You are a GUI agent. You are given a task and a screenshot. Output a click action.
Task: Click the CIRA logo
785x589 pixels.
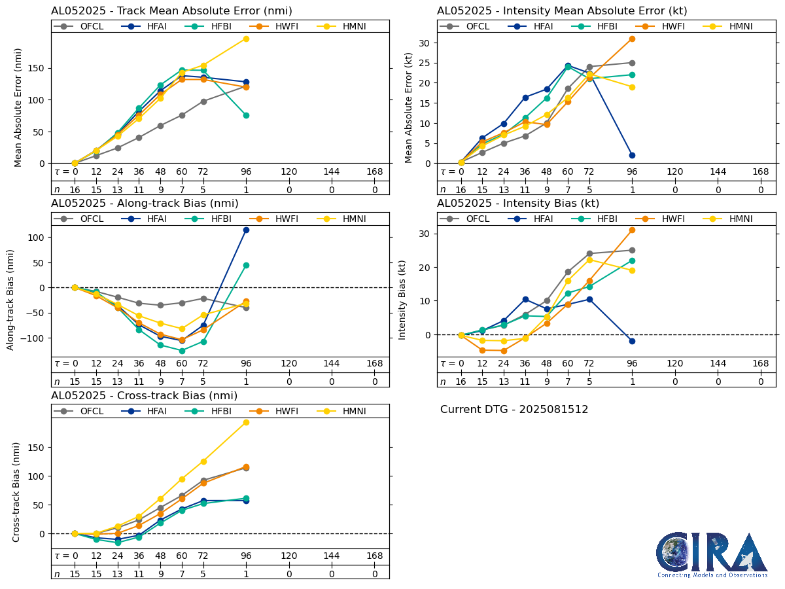coord(712,555)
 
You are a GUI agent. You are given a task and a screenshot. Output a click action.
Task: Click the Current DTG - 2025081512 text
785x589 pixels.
coord(514,410)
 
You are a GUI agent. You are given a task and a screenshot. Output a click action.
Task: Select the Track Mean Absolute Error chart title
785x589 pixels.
coord(171,10)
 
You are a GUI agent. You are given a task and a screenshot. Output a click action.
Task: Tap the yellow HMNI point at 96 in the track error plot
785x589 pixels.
coord(246,39)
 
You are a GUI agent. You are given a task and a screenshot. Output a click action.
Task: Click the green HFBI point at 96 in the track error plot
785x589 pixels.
coord(246,115)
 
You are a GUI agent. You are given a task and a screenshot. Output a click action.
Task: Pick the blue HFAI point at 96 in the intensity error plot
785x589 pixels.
coord(632,155)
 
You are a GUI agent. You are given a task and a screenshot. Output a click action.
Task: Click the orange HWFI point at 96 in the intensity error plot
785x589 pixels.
coord(632,39)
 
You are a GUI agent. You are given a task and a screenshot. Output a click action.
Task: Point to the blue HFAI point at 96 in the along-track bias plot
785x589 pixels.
coord(246,230)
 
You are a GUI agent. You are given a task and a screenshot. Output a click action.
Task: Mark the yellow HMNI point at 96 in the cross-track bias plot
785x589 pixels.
coord(246,422)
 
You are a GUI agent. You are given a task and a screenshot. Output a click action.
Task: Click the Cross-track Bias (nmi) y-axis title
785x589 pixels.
coord(16,491)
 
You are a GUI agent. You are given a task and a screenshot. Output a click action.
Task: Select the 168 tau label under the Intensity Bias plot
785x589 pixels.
coord(761,364)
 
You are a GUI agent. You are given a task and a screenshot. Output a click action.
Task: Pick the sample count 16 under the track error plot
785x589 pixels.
coord(75,190)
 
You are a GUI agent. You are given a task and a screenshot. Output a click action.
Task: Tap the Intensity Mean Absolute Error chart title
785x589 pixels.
coord(562,10)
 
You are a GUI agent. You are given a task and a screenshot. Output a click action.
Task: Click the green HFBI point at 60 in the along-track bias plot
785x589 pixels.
coord(182,351)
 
